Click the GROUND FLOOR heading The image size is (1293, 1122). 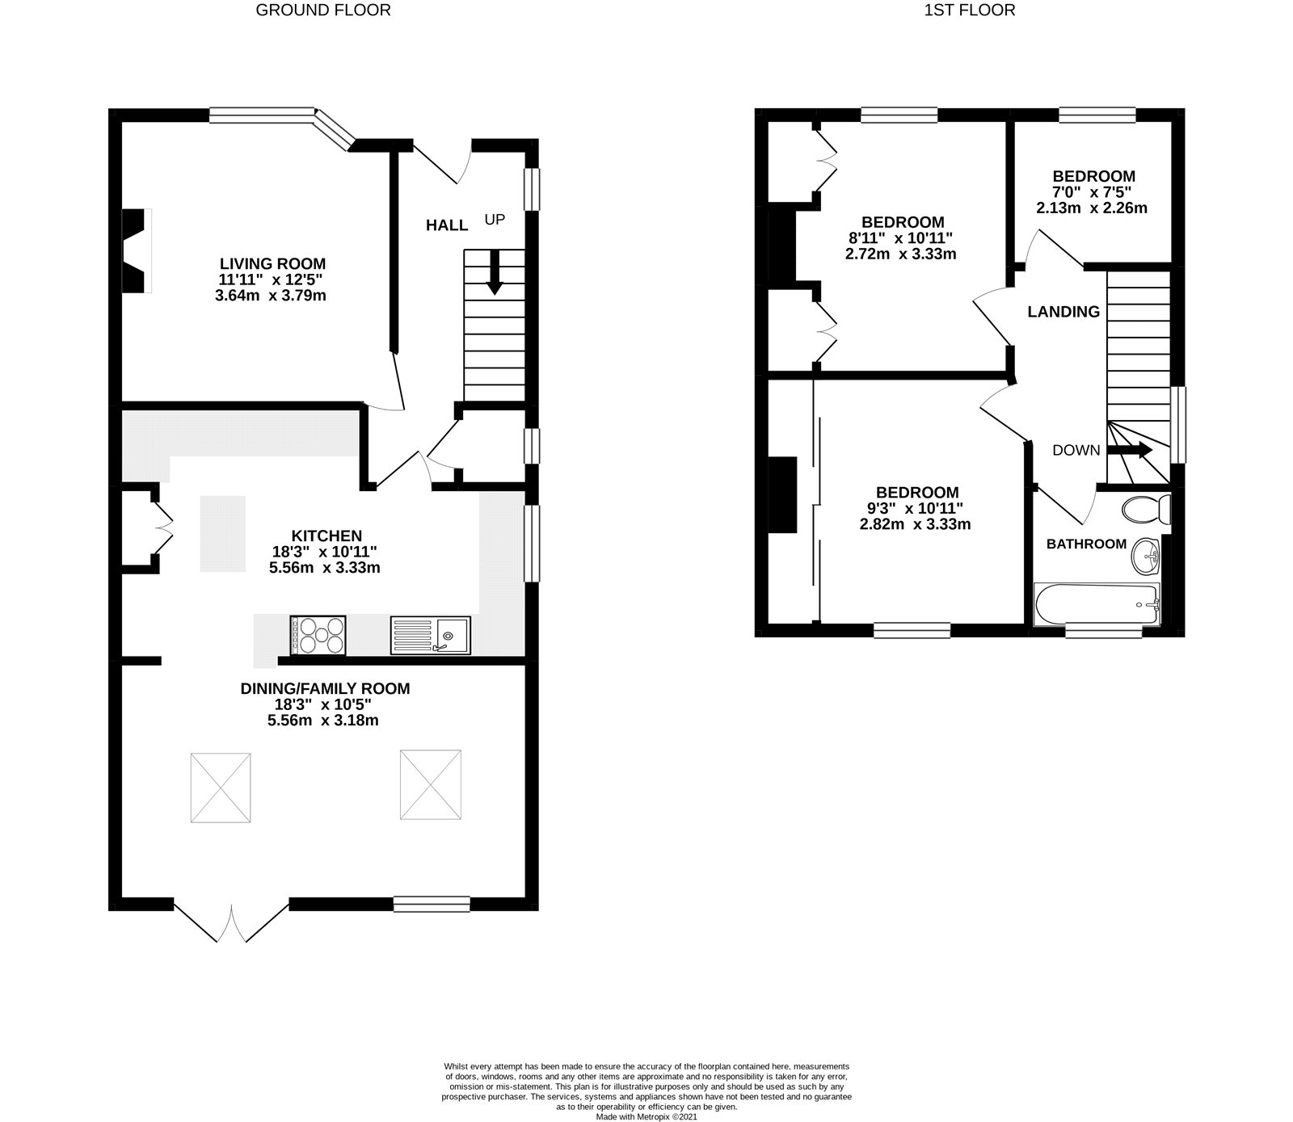(323, 11)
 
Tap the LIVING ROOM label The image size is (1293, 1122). (272, 263)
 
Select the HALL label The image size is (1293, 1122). (447, 225)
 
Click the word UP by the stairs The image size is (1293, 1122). (495, 219)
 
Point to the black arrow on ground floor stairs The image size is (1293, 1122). (495, 274)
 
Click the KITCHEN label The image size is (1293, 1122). (326, 536)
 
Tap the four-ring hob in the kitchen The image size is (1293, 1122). (318, 635)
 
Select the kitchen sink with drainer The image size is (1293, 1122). (430, 635)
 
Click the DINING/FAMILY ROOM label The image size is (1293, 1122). (325, 689)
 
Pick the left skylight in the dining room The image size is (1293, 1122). (221, 788)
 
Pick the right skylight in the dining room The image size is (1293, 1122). (431, 784)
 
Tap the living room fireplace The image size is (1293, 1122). (136, 250)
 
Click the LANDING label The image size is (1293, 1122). (1063, 312)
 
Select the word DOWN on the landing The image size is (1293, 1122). (1076, 451)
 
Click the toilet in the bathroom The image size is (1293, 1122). (1147, 509)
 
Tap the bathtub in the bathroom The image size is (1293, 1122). (1097, 604)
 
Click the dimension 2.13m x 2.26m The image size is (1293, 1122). (1092, 208)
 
